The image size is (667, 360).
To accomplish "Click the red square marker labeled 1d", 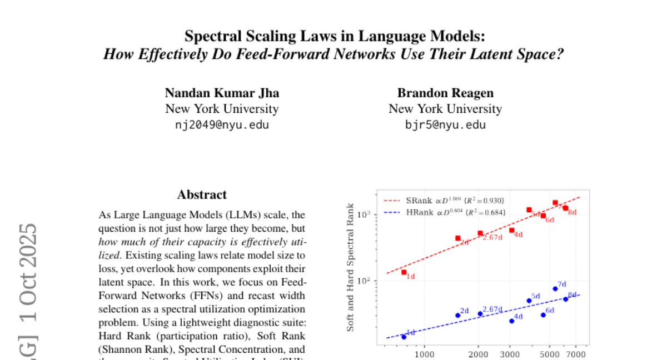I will pos(404,272).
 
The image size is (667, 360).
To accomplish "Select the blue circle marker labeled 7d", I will pos(555,288).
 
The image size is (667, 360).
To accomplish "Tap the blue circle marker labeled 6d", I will pos(543,315).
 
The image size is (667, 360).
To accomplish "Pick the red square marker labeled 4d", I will pos(512,230).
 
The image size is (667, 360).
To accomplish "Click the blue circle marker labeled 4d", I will pos(512,321).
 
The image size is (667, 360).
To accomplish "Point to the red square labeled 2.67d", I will pos(480,233).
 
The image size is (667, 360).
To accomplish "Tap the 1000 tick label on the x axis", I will pos(425,354).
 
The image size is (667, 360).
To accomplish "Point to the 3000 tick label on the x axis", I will pos(510,354).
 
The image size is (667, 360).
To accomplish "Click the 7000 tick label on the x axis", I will pos(576,354).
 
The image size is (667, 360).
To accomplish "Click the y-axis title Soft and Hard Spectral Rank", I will pos(351,268).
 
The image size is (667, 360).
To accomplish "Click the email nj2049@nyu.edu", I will pos(222,124).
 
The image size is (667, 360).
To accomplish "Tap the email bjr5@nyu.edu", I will pos(445,124).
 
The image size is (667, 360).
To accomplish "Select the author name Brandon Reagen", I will pos(445,93).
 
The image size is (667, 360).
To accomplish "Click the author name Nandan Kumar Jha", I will pos(222,93).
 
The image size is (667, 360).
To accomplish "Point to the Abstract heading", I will pos(202,194).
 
